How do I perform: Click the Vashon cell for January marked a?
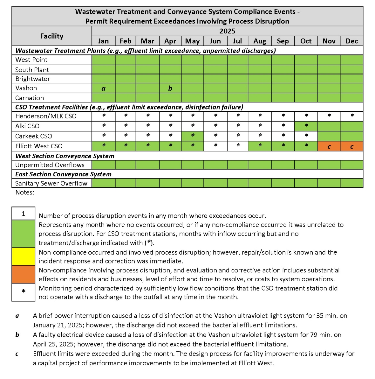coord(103,88)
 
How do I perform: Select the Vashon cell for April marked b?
coord(170,88)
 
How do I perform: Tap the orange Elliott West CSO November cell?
coord(329,146)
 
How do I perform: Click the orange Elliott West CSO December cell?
coord(352,146)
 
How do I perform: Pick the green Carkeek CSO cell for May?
coord(193,136)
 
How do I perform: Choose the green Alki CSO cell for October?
coord(306,126)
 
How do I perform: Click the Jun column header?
coord(215,41)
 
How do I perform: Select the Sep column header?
coord(283,41)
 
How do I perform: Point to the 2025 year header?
coord(227,31)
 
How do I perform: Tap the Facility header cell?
coord(52,36)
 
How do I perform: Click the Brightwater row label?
coord(33,79)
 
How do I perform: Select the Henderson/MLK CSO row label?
coord(46,116)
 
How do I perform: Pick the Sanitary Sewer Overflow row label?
coord(51,183)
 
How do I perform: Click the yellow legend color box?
coord(23,256)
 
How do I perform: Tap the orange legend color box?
coord(23,274)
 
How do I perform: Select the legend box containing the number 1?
coord(23,214)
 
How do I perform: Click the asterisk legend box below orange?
coord(23,292)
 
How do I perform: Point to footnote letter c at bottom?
coord(17,354)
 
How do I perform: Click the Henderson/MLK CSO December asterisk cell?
coord(352,116)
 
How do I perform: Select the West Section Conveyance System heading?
coord(65,156)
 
